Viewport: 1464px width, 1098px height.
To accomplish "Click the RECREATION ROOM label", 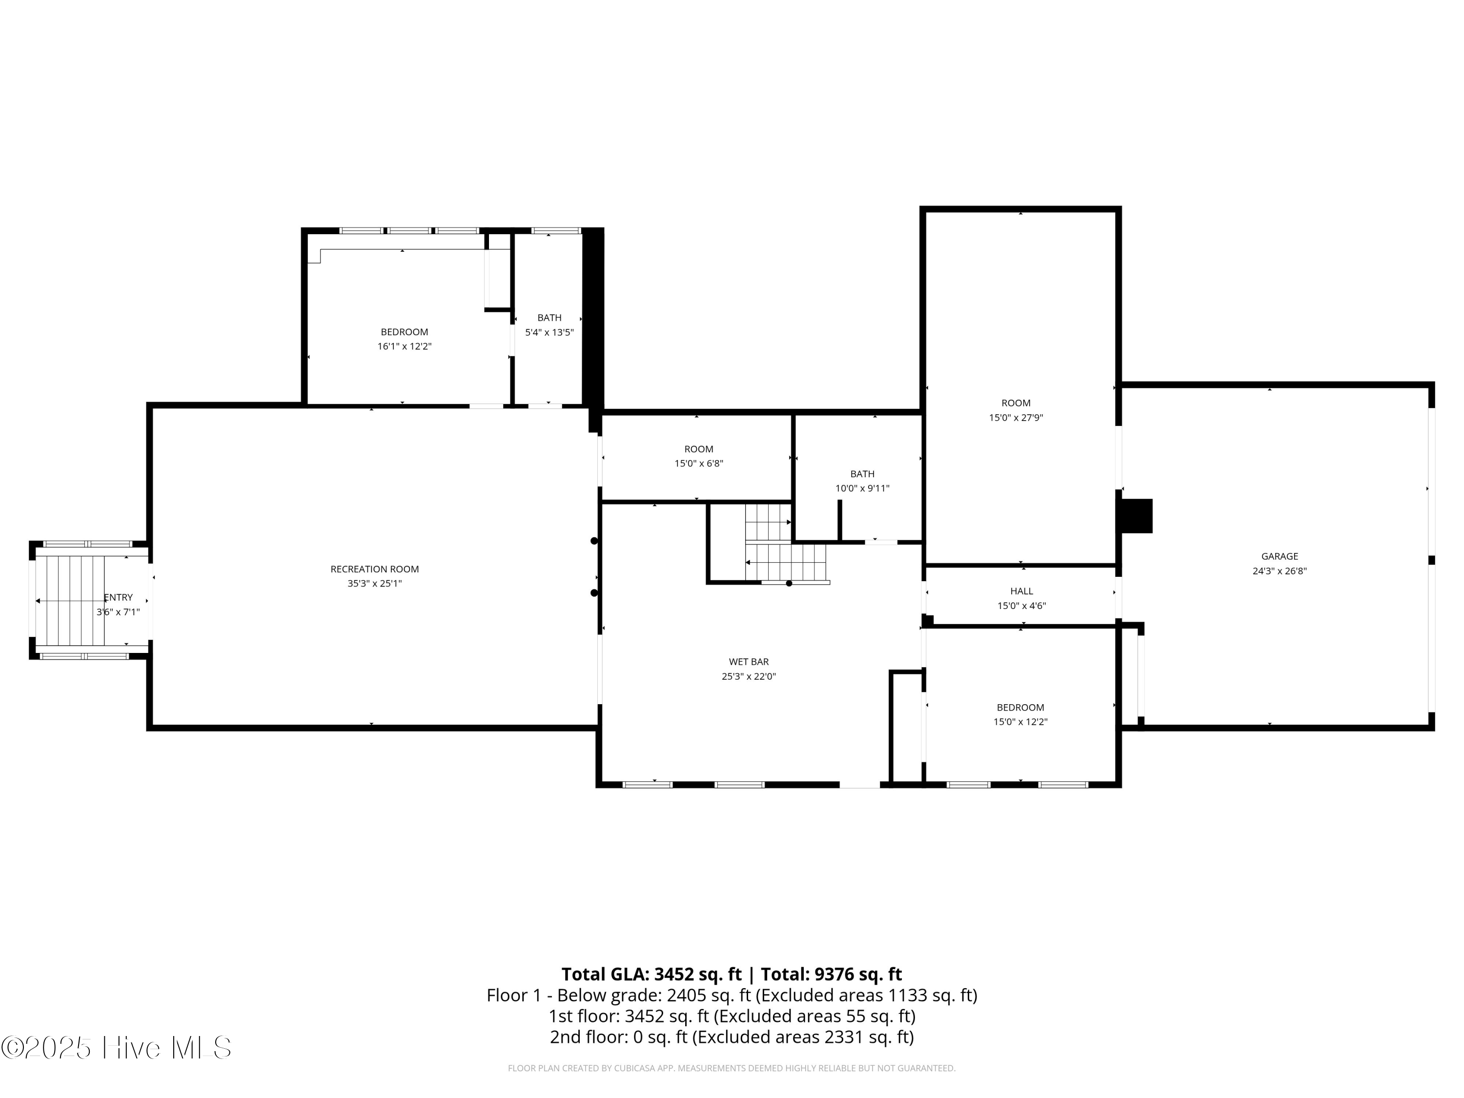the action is pyautogui.click(x=375, y=569).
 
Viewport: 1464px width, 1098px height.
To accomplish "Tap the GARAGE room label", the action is pyautogui.click(x=1280, y=557).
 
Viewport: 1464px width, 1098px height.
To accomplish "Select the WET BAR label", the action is pyautogui.click(x=749, y=662).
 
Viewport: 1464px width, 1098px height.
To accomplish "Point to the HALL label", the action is pyautogui.click(x=1021, y=591).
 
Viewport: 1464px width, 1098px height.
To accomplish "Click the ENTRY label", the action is pyautogui.click(x=119, y=598).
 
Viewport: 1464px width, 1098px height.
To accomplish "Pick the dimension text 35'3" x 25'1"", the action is pyautogui.click(x=375, y=584).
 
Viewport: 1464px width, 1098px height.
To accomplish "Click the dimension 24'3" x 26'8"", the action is pyautogui.click(x=1280, y=571).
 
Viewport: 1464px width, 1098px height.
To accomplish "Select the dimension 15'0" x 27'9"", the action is pyautogui.click(x=1016, y=418).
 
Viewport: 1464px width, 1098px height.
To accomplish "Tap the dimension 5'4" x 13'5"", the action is pyautogui.click(x=549, y=332).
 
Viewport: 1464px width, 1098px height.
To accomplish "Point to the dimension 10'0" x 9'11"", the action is pyautogui.click(x=862, y=488).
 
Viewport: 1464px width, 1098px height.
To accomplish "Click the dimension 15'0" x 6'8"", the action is pyautogui.click(x=699, y=463).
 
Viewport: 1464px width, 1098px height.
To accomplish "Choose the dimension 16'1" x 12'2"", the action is pyautogui.click(x=405, y=346).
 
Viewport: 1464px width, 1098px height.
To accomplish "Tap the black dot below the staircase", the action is pyautogui.click(x=789, y=583).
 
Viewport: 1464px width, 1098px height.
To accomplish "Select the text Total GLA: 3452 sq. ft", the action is pyautogui.click(x=651, y=974).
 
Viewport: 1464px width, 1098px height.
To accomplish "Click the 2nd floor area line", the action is pyautogui.click(x=732, y=1037).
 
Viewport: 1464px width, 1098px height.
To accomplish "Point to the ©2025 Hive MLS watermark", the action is pyautogui.click(x=117, y=1048).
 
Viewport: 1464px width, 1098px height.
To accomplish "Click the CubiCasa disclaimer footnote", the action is pyautogui.click(x=732, y=1068).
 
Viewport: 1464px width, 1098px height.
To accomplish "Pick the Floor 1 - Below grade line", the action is pyautogui.click(x=732, y=996).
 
